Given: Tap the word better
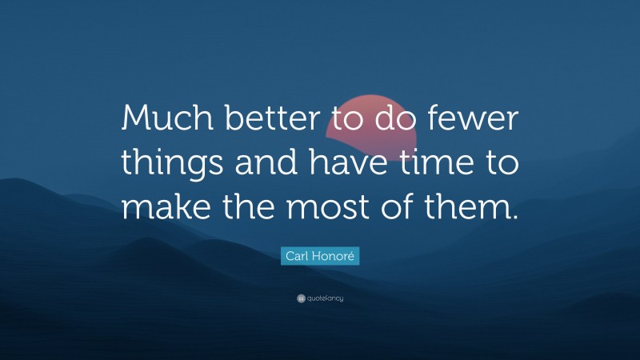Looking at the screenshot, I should [x=269, y=122].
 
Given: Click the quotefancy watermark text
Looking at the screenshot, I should [x=325, y=298].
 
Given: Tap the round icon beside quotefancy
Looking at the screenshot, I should [x=300, y=298].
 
